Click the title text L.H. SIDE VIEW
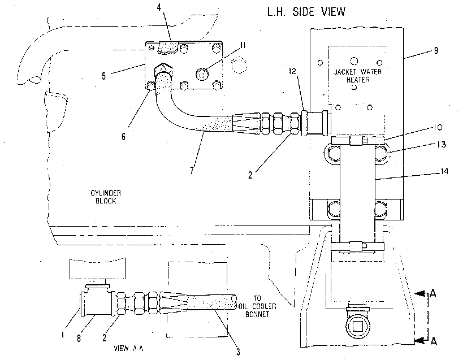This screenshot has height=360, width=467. (306, 12)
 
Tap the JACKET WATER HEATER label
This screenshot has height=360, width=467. (358, 76)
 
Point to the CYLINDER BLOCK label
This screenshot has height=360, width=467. (106, 197)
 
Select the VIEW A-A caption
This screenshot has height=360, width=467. (128, 348)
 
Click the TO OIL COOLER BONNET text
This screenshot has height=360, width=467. (258, 306)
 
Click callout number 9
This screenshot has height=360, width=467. (436, 51)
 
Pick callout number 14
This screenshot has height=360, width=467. (444, 171)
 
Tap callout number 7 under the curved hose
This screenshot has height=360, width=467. (192, 170)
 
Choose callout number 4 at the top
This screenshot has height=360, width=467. (159, 7)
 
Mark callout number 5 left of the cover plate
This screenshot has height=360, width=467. (103, 76)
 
